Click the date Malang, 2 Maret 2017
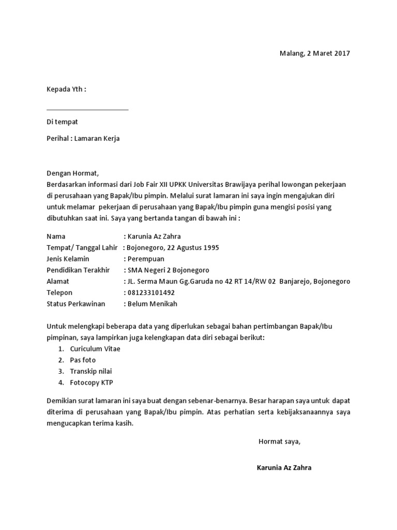[315, 53]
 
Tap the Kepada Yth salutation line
[66, 89]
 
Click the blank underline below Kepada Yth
[87, 109]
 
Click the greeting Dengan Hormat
[72, 173]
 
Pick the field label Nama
[56, 236]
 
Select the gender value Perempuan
[146, 259]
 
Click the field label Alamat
[57, 282]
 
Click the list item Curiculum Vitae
[95, 349]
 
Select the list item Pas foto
[83, 360]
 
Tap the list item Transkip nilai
[90, 371]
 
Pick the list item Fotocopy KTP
[91, 382]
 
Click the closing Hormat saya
[279, 441]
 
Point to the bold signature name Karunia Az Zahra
[284, 467]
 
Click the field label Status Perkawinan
[76, 304]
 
